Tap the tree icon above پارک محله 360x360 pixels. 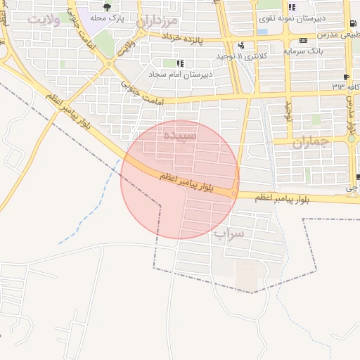(107, 8)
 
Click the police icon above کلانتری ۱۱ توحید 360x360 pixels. (241, 46)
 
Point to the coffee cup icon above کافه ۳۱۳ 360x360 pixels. (346, 77)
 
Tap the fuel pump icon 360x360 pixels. (352, 25)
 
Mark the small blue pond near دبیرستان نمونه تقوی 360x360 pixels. (262, 32)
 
